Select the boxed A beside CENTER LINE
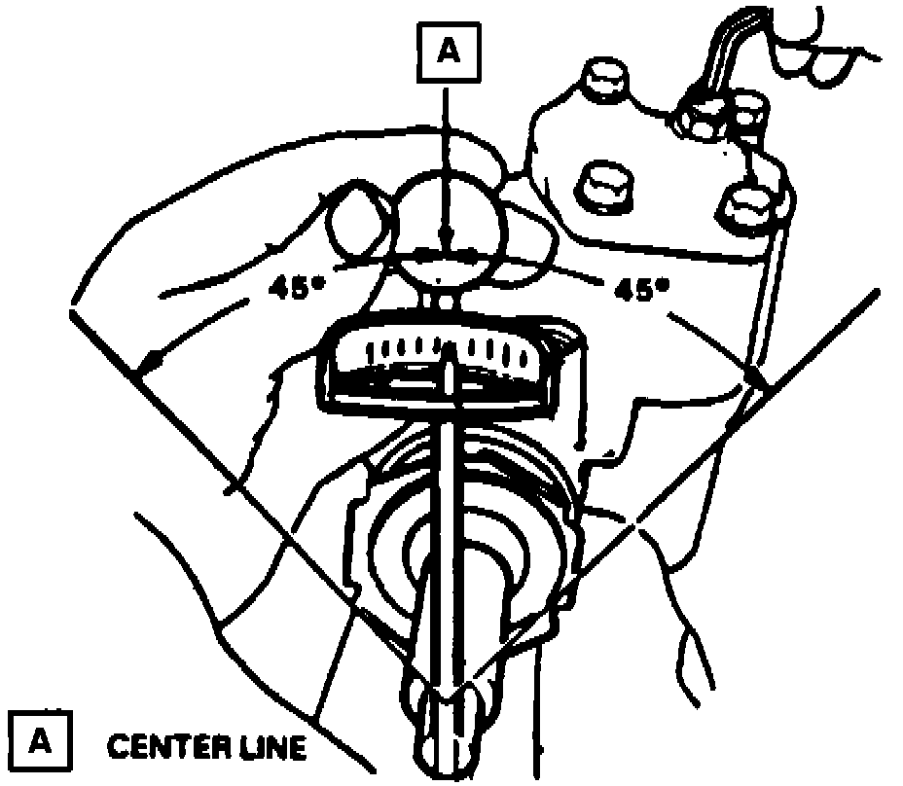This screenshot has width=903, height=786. pyautogui.click(x=38, y=742)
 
